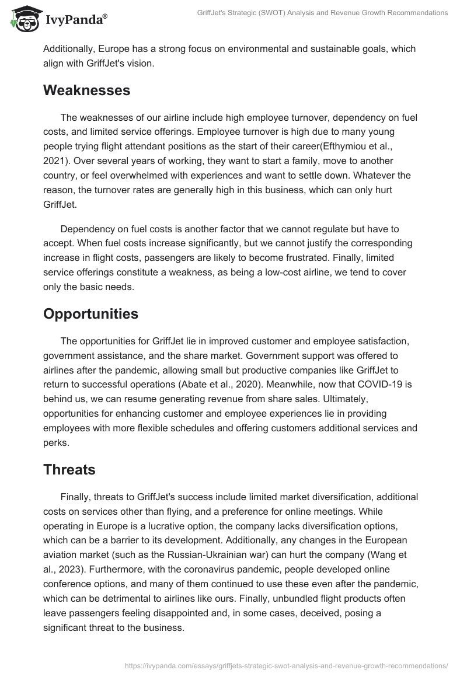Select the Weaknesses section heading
point(86,90)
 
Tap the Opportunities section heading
point(90,313)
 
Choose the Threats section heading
point(69,469)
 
